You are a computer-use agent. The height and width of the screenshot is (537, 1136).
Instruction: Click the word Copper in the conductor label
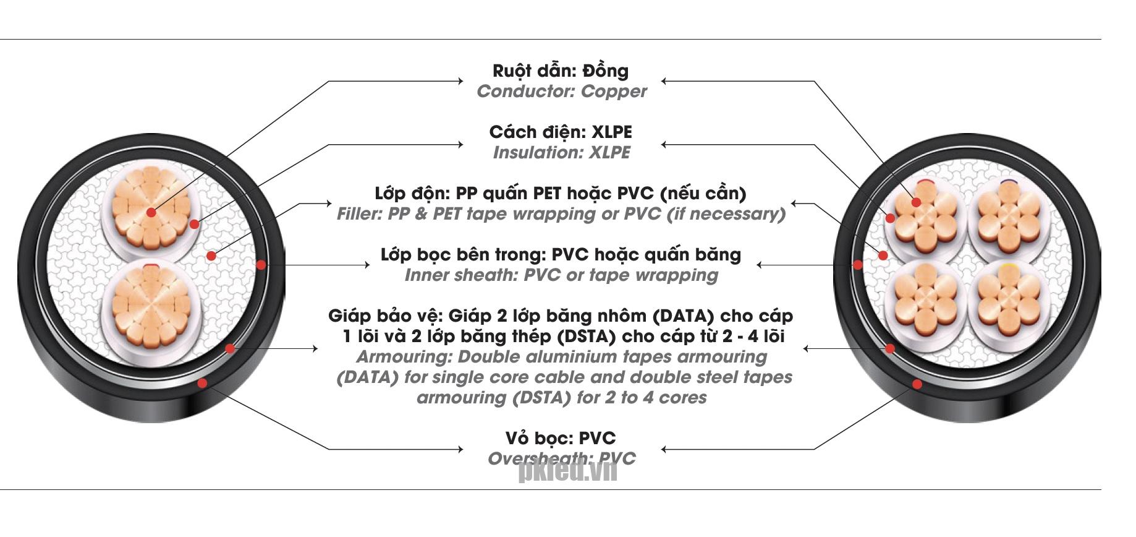click(614, 92)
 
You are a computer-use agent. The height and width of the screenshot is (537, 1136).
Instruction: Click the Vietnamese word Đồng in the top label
click(605, 71)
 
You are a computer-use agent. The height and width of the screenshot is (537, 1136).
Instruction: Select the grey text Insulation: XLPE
click(561, 153)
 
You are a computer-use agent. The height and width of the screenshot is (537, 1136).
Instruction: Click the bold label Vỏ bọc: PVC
click(561, 438)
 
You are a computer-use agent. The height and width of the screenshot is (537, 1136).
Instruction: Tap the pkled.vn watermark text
click(567, 472)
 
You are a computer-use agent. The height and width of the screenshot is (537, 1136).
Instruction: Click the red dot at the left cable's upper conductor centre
click(152, 213)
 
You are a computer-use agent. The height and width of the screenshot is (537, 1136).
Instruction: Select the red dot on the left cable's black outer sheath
click(201, 384)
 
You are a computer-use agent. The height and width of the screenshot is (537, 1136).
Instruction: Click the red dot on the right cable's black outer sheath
click(917, 384)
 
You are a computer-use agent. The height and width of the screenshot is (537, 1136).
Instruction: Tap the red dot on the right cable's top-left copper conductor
click(916, 202)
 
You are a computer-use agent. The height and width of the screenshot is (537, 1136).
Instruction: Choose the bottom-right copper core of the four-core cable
click(1009, 301)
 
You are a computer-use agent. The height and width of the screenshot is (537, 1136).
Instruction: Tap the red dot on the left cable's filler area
click(211, 256)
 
